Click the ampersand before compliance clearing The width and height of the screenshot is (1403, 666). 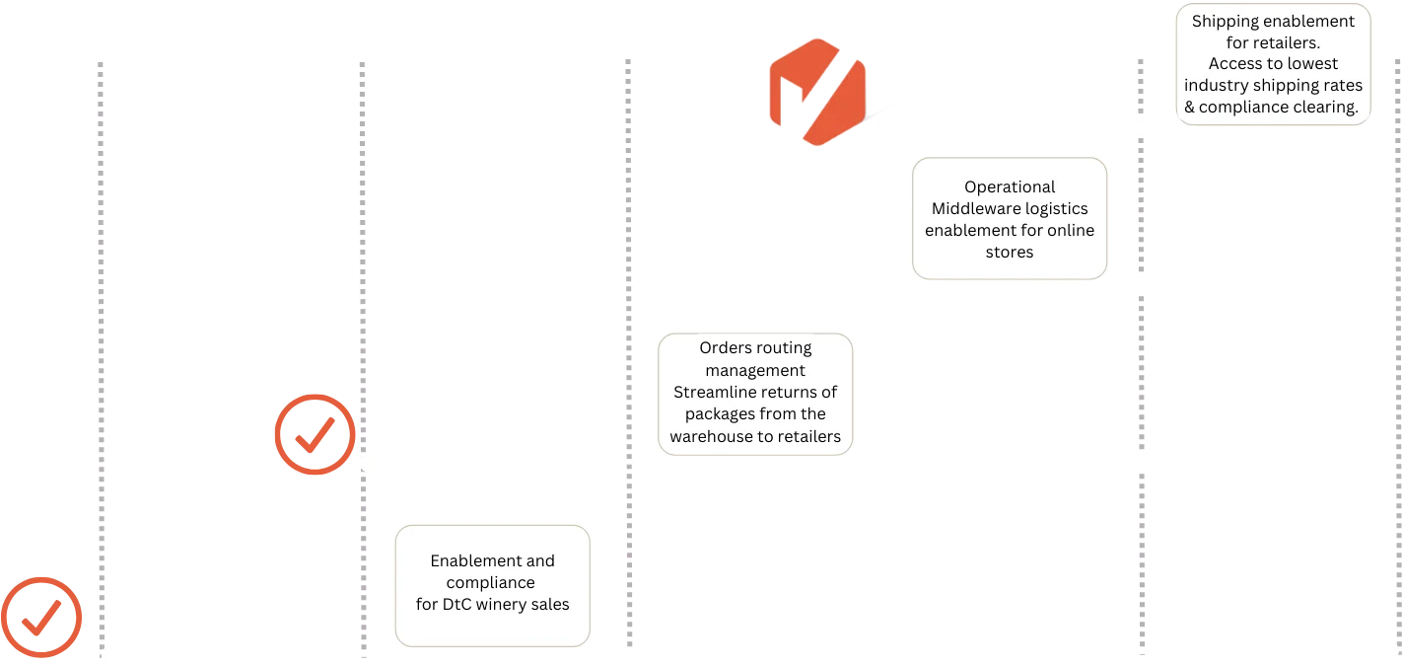(x=1190, y=107)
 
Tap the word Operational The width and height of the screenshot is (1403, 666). (x=1010, y=186)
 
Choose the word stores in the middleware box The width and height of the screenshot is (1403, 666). (x=1010, y=252)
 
